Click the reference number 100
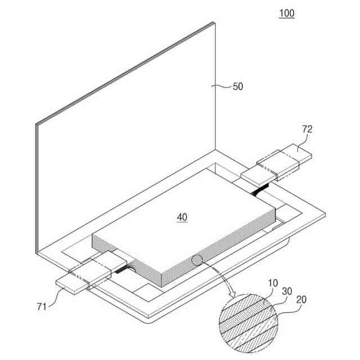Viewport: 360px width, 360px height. (x=286, y=13)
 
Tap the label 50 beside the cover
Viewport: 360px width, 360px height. (x=238, y=87)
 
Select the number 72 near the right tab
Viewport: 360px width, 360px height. (x=307, y=129)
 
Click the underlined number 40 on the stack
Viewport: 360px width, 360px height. (x=182, y=217)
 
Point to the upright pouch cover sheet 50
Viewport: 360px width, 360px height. (x=129, y=129)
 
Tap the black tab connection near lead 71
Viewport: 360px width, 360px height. (x=120, y=269)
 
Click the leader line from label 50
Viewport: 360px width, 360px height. (x=223, y=86)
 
